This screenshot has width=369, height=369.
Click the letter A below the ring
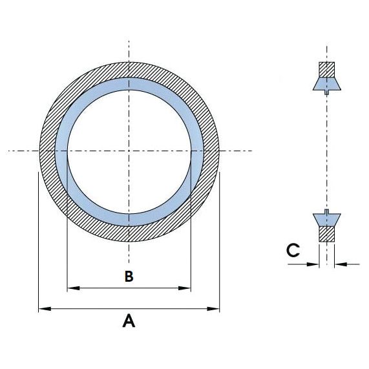click(129, 321)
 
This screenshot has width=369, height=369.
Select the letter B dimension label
click(129, 276)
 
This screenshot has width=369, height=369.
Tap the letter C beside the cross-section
click(293, 251)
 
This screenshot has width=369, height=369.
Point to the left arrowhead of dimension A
click(43, 309)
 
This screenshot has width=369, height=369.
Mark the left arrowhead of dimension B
click(72, 288)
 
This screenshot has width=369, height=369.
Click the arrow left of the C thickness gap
click(315, 263)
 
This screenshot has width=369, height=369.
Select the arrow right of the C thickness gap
click(341, 263)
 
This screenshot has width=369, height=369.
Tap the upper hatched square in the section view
click(326, 69)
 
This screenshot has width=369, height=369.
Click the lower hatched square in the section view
click(326, 233)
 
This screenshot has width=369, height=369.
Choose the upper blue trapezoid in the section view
click(326, 84)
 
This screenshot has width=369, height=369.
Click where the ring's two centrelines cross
click(129, 151)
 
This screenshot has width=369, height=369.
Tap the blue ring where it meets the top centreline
click(129, 85)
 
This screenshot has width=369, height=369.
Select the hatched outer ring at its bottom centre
click(129, 233)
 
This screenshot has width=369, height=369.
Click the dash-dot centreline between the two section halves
click(327, 151)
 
